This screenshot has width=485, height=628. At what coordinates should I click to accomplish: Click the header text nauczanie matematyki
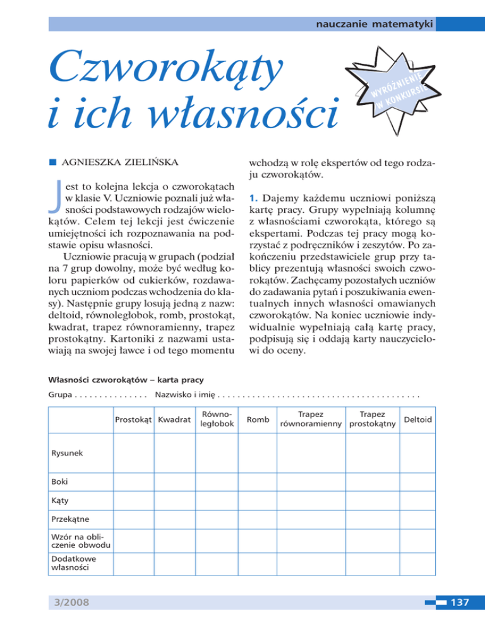[x=374, y=24]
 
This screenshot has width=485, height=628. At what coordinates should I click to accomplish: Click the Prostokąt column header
[x=133, y=420]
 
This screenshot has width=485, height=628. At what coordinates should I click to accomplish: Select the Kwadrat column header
[x=174, y=420]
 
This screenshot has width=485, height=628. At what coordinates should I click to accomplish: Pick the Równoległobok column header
[x=216, y=419]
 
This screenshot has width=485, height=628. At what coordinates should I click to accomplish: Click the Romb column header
[x=256, y=420]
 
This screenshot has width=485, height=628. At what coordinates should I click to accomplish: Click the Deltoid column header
[x=417, y=420]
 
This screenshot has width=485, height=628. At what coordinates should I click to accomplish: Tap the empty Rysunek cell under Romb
[x=256, y=452]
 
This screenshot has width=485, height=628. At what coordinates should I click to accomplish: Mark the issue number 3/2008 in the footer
[x=72, y=603]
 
